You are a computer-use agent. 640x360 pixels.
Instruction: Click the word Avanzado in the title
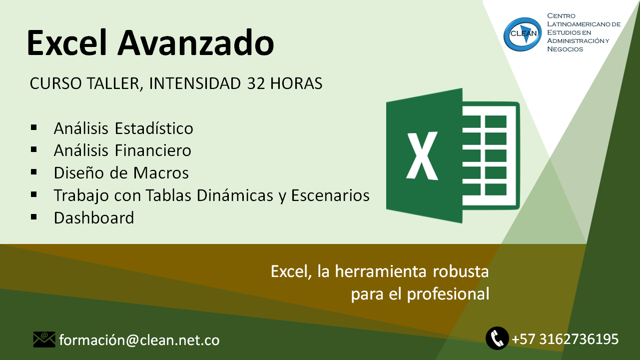coord(196,43)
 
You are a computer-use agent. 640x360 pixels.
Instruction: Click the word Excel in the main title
coord(67,42)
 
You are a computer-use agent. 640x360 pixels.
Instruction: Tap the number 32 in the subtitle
coord(256,83)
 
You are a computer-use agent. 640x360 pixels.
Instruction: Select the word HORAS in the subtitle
coord(296,83)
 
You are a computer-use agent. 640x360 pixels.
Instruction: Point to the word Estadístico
coord(154,128)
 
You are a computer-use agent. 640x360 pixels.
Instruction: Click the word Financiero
coord(153,150)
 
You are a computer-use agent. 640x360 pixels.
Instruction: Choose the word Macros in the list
coord(161,173)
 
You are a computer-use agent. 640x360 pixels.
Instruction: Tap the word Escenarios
coord(330,195)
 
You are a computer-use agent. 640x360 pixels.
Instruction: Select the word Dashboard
coord(94,218)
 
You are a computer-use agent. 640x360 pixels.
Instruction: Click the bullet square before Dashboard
coord(33,217)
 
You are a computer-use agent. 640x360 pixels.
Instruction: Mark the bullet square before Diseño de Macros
coord(33,172)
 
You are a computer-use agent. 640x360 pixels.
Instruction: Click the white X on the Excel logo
coord(422,155)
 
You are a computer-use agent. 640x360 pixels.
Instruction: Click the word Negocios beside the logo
coord(565,49)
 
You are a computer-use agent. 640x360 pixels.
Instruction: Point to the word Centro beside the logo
coord(561,15)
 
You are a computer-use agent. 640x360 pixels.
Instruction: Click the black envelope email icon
coord(44,339)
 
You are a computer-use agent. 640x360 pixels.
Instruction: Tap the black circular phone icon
coord(497,338)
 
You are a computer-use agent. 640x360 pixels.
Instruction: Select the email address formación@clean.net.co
coord(139,340)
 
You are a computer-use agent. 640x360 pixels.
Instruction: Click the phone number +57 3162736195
coord(565,339)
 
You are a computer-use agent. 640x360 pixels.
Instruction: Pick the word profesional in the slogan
coord(448,294)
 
